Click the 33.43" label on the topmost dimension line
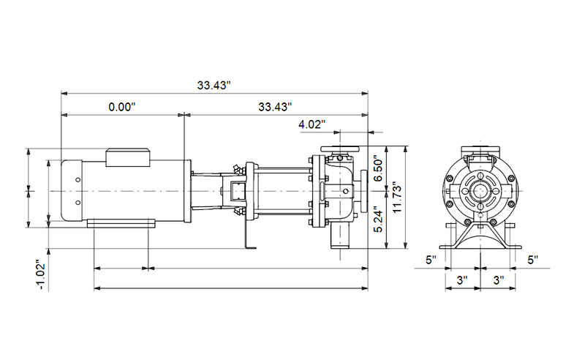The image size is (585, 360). click(x=214, y=86)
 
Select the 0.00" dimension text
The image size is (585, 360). click(x=122, y=107)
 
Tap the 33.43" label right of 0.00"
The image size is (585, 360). click(x=275, y=107)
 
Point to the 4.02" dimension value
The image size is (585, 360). click(x=311, y=124)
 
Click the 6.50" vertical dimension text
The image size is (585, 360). click(x=378, y=168)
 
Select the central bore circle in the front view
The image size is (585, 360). click(x=480, y=191)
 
